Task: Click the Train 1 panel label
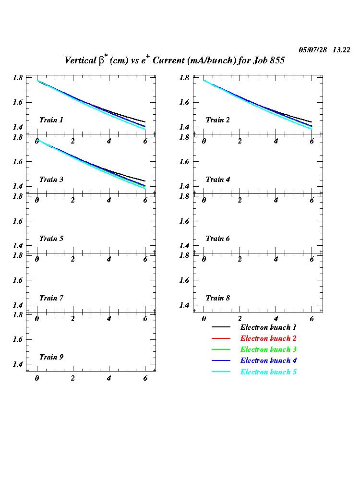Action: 51,120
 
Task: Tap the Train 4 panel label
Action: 218,180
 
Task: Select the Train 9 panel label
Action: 51,357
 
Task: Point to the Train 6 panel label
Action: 218,239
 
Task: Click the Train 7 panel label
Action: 51,298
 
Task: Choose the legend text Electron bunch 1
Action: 268,327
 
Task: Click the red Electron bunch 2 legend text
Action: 268,338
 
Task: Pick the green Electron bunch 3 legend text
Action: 268,349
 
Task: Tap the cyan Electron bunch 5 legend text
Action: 268,372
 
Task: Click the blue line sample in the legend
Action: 221,361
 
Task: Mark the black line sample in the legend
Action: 221,327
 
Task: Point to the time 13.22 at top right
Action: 341,50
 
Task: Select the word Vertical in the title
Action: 80,60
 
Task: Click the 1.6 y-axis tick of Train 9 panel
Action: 19,339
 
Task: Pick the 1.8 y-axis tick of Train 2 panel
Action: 186,78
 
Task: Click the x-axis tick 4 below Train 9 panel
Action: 109,378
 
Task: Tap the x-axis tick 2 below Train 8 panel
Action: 240,319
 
